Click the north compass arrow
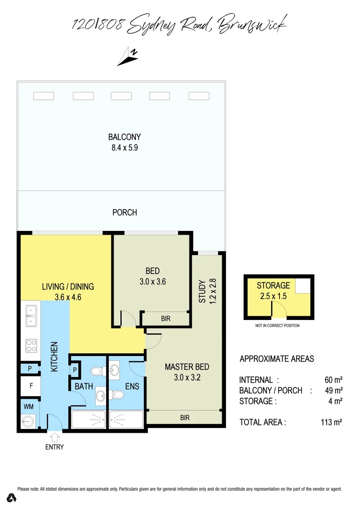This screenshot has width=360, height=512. [127, 56]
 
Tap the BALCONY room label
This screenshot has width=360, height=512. [125, 137]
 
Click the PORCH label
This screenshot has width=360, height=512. [125, 212]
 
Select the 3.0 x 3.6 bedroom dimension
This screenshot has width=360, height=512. [153, 281]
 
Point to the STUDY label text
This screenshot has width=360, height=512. [202, 292]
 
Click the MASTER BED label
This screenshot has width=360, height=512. [187, 366]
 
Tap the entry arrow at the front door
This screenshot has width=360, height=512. [55, 437]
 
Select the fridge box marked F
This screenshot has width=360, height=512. [31, 386]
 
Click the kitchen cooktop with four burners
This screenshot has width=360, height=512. [31, 346]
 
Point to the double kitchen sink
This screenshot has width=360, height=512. [31, 316]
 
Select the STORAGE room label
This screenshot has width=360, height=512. [273, 286]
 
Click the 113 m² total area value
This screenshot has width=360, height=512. [332, 422]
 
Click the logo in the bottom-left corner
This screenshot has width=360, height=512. [12, 498]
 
